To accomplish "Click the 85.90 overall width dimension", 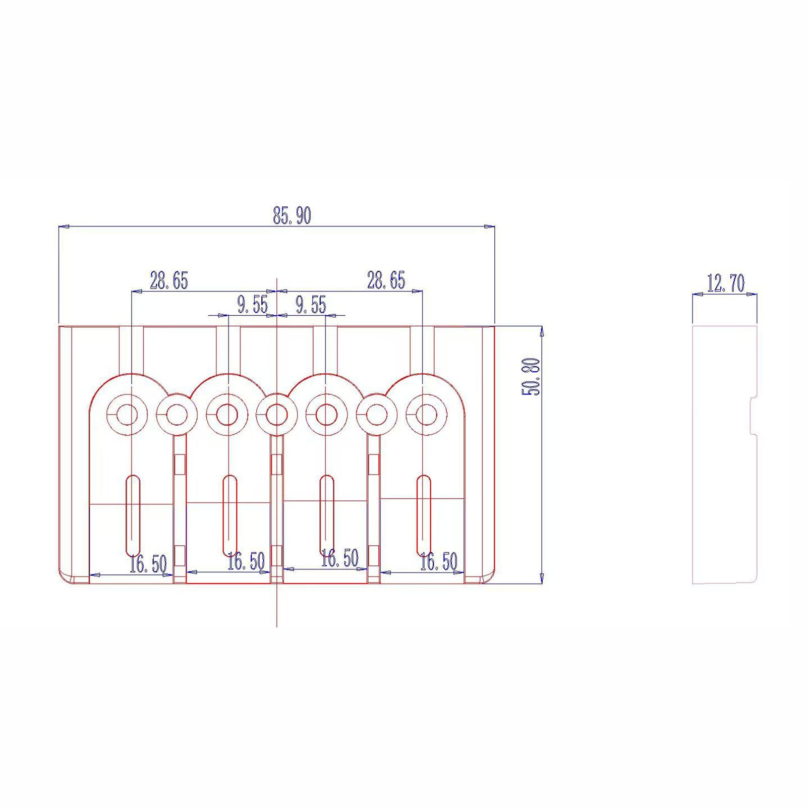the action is [x=292, y=215].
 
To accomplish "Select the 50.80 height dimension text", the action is [x=531, y=377].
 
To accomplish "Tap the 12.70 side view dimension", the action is [x=725, y=283].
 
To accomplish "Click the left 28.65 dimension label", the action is [x=168, y=280].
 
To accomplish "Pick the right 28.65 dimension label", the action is [x=386, y=280].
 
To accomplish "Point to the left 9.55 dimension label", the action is [x=253, y=305].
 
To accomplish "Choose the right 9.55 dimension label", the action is [x=311, y=305].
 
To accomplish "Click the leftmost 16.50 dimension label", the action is [x=148, y=564].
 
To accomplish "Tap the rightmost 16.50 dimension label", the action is [x=439, y=561].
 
